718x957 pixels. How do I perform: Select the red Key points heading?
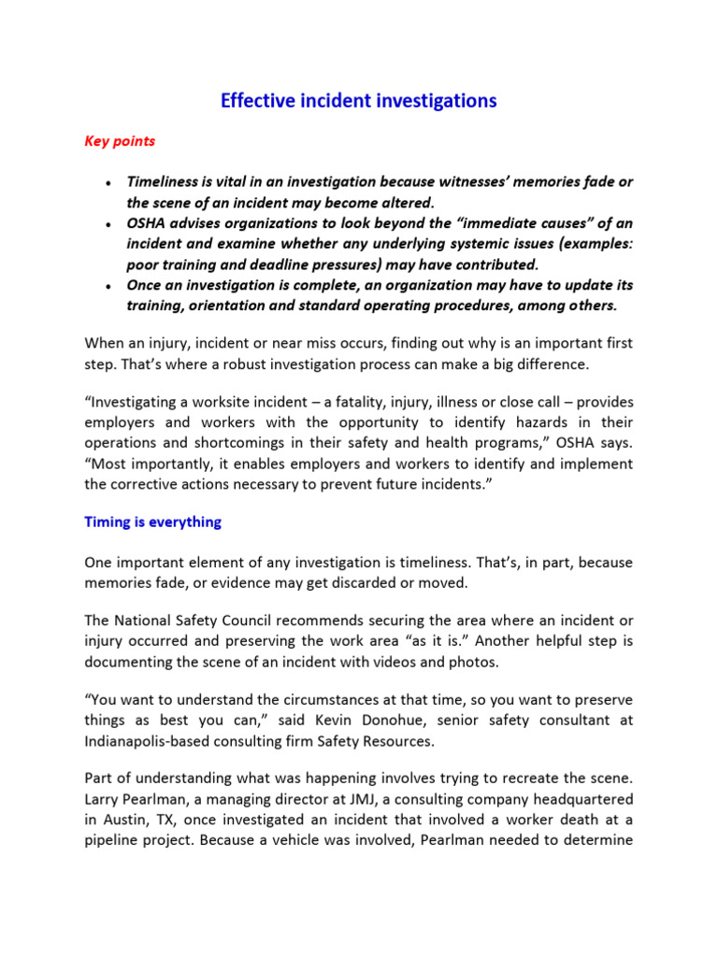click(120, 142)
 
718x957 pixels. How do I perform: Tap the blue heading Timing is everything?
click(152, 522)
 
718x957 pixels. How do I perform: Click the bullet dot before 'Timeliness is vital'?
click(110, 183)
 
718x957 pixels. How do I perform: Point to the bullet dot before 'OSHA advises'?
click(110, 224)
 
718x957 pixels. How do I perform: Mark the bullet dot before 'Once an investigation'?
click(110, 286)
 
